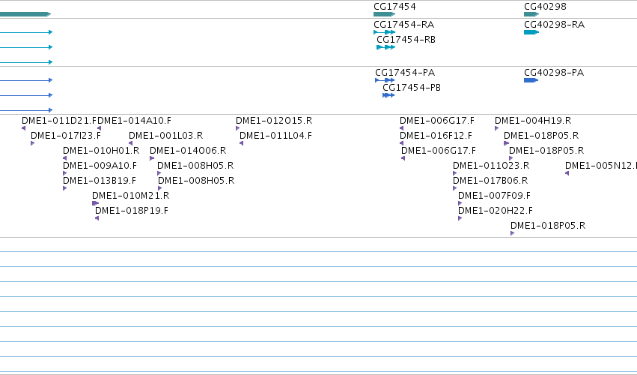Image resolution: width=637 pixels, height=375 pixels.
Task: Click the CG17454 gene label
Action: click(394, 7)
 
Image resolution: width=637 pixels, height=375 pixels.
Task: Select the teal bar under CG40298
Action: click(531, 14)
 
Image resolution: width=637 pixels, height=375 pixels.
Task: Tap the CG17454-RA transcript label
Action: click(403, 25)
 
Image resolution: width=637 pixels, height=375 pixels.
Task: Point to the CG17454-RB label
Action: click(406, 40)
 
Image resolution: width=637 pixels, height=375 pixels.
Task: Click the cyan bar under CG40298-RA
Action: click(531, 32)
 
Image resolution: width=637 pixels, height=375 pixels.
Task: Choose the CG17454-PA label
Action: click(405, 73)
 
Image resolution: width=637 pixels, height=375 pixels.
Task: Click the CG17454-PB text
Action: click(412, 88)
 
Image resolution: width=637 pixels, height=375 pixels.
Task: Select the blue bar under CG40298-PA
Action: click(531, 80)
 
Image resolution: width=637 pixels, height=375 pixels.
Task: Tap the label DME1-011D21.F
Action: click(59, 121)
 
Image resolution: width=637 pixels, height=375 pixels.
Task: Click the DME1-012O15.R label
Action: click(274, 121)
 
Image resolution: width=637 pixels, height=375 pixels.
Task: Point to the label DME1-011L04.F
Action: click(276, 136)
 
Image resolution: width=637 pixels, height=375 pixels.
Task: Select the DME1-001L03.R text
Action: click(165, 136)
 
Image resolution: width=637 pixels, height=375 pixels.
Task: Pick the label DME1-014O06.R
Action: click(188, 151)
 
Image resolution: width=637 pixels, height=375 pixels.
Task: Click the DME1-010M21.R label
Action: click(131, 196)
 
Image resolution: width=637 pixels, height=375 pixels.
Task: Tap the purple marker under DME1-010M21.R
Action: click(96, 203)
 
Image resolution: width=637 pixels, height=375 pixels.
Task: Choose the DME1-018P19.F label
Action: click(132, 211)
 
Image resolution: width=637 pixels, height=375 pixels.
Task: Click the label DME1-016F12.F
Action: click(436, 136)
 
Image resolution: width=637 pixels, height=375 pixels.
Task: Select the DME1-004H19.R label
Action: click(533, 121)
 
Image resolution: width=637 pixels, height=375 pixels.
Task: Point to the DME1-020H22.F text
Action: click(496, 211)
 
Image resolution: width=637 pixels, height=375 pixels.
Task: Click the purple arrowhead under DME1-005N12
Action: click(567, 173)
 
